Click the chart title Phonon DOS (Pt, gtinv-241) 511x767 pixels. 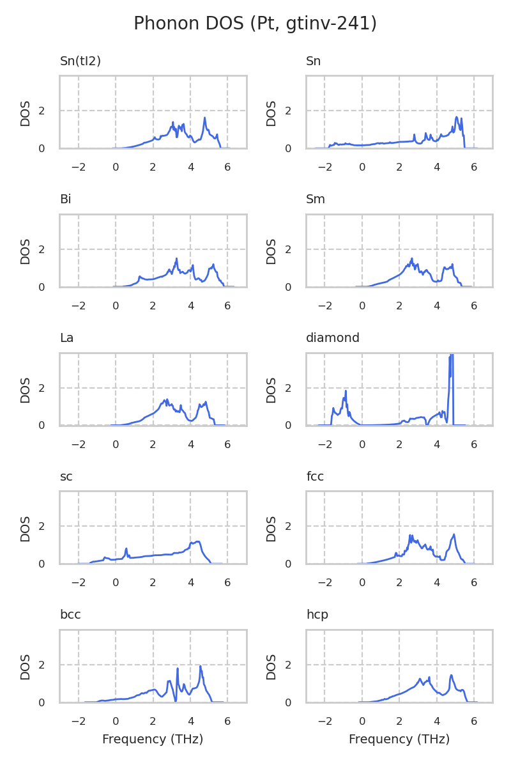pyautogui.click(x=255, y=24)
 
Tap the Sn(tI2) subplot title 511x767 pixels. pyautogui.click(x=80, y=61)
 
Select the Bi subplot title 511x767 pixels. pyautogui.click(x=65, y=199)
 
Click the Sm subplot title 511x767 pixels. pyautogui.click(x=316, y=199)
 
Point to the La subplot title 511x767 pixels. pyautogui.click(x=66, y=338)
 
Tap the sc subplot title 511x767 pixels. pyautogui.click(x=66, y=477)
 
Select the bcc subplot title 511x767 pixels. pyautogui.click(x=70, y=615)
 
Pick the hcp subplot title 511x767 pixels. pyautogui.click(x=317, y=615)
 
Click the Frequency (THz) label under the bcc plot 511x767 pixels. pyautogui.click(x=153, y=740)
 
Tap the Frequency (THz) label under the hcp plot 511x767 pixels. pyautogui.click(x=399, y=740)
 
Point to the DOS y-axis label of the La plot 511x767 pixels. pyautogui.click(x=26, y=389)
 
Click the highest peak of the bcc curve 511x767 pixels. pyautogui.click(x=201, y=667)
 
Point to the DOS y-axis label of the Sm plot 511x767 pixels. pyautogui.click(x=271, y=251)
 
